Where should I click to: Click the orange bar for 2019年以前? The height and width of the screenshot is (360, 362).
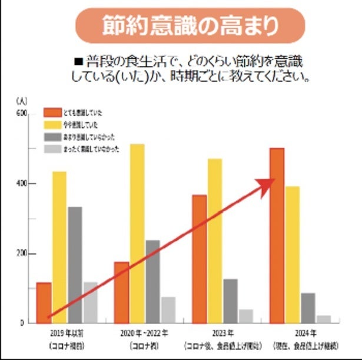(x=44, y=303)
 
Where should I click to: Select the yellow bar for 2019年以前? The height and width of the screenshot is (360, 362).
(x=59, y=247)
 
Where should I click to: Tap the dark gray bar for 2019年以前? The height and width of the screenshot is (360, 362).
(x=75, y=265)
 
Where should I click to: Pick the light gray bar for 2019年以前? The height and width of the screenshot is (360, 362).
(x=90, y=303)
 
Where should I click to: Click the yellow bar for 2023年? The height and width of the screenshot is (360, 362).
(x=215, y=242)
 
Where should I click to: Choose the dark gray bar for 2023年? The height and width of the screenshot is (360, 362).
(x=230, y=301)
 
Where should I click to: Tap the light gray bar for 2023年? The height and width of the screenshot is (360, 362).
(x=245, y=316)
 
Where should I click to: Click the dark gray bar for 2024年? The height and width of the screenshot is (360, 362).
(x=308, y=308)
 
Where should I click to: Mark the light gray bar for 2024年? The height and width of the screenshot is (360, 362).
(x=323, y=319)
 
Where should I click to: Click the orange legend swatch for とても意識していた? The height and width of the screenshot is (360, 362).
(x=53, y=112)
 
